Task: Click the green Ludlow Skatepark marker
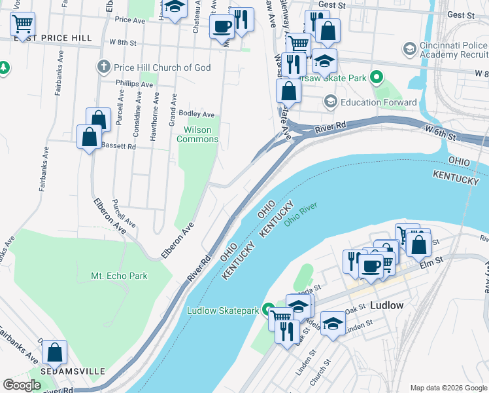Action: pos(269,310)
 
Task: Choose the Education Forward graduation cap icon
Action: pos(330,102)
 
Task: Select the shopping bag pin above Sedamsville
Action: pos(55,352)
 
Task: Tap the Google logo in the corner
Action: pos(22,385)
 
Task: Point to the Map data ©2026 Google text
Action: pos(448,388)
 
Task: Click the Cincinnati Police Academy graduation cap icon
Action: pos(409,49)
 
